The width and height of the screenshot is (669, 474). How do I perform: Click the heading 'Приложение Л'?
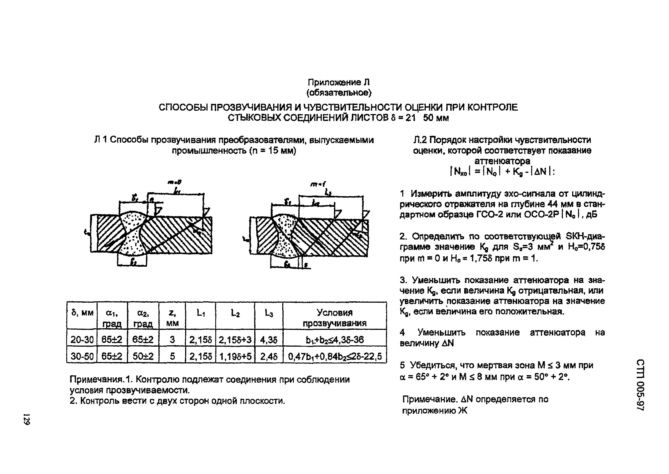pyautogui.click(x=339, y=82)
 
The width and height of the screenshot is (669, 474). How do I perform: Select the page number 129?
pyautogui.click(x=27, y=419)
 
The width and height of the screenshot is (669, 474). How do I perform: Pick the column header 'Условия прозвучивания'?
pyautogui.click(x=334, y=318)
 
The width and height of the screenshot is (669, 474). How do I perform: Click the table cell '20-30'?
pyautogui.click(x=82, y=340)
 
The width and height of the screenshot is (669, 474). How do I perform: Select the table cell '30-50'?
pyautogui.click(x=82, y=356)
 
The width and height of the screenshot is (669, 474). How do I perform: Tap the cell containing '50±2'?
pyautogui.click(x=143, y=356)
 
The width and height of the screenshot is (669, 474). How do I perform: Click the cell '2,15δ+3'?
pyautogui.click(x=235, y=340)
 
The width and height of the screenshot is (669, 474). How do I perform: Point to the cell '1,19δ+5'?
pyautogui.click(x=235, y=356)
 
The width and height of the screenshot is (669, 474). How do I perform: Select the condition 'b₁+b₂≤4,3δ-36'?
pyautogui.click(x=334, y=340)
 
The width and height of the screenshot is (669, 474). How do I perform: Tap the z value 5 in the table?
pyautogui.click(x=172, y=356)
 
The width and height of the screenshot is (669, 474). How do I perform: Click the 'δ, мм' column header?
pyautogui.click(x=82, y=313)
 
